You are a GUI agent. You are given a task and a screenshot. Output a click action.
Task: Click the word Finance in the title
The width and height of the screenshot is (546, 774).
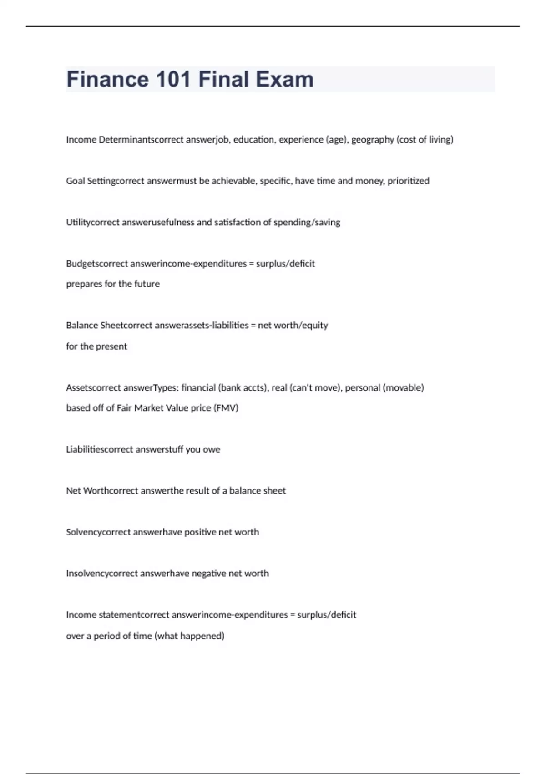click(x=107, y=79)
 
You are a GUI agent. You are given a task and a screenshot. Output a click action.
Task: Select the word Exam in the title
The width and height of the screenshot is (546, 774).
click(x=284, y=79)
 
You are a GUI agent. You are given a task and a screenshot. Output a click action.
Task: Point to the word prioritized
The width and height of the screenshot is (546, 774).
click(x=408, y=181)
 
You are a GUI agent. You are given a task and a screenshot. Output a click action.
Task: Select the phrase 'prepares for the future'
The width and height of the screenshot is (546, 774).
click(x=113, y=284)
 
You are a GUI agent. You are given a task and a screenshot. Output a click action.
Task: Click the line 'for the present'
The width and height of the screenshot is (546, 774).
click(x=96, y=346)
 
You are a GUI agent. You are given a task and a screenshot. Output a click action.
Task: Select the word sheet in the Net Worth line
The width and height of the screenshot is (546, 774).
click(x=275, y=491)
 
